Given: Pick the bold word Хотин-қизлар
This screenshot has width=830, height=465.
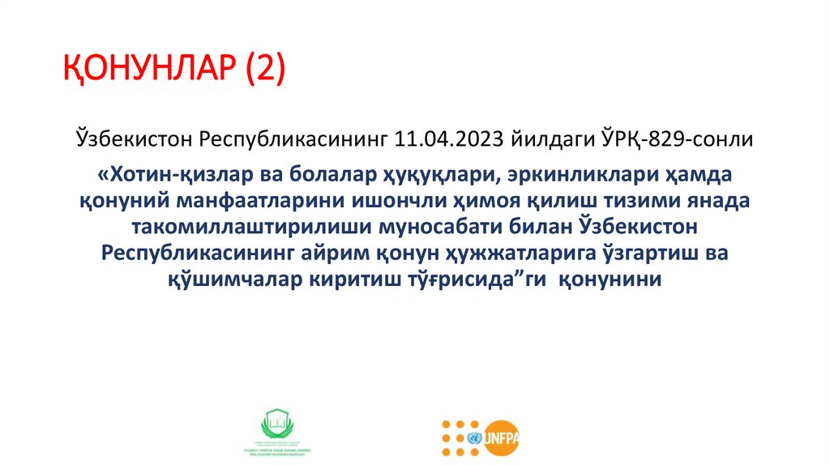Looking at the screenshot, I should pyautogui.click(x=159, y=176).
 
